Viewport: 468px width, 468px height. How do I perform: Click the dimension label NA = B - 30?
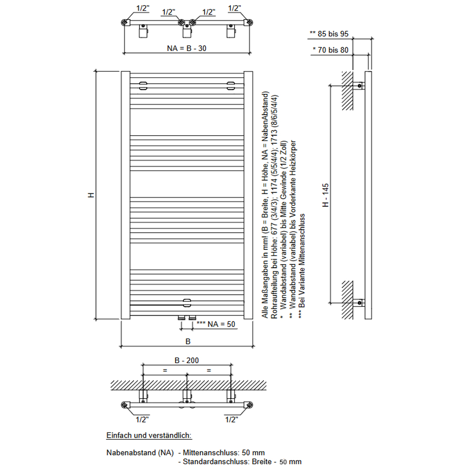point(187,48)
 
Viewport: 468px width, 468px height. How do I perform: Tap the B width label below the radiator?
point(188,342)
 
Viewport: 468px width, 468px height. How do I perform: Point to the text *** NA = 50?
point(216,323)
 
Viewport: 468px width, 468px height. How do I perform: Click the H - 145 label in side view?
point(326,195)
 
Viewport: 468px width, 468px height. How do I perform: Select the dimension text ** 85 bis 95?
point(329,34)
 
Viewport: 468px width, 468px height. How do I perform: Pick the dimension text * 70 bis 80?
point(331,50)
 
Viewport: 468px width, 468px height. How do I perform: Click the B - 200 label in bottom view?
point(187,361)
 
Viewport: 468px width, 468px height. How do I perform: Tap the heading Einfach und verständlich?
point(149,435)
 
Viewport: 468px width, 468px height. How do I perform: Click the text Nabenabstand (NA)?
point(140,453)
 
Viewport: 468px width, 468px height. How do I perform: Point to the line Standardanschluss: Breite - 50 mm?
point(240,462)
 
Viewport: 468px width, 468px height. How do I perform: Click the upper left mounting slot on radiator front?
point(143,85)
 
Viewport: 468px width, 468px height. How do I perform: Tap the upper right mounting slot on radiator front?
point(231,85)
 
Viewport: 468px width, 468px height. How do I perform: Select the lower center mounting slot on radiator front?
point(187,301)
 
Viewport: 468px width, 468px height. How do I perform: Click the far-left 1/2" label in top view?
point(143,8)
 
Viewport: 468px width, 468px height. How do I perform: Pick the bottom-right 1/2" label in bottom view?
point(232,420)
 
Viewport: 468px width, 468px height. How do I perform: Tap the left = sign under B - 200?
point(165,370)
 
